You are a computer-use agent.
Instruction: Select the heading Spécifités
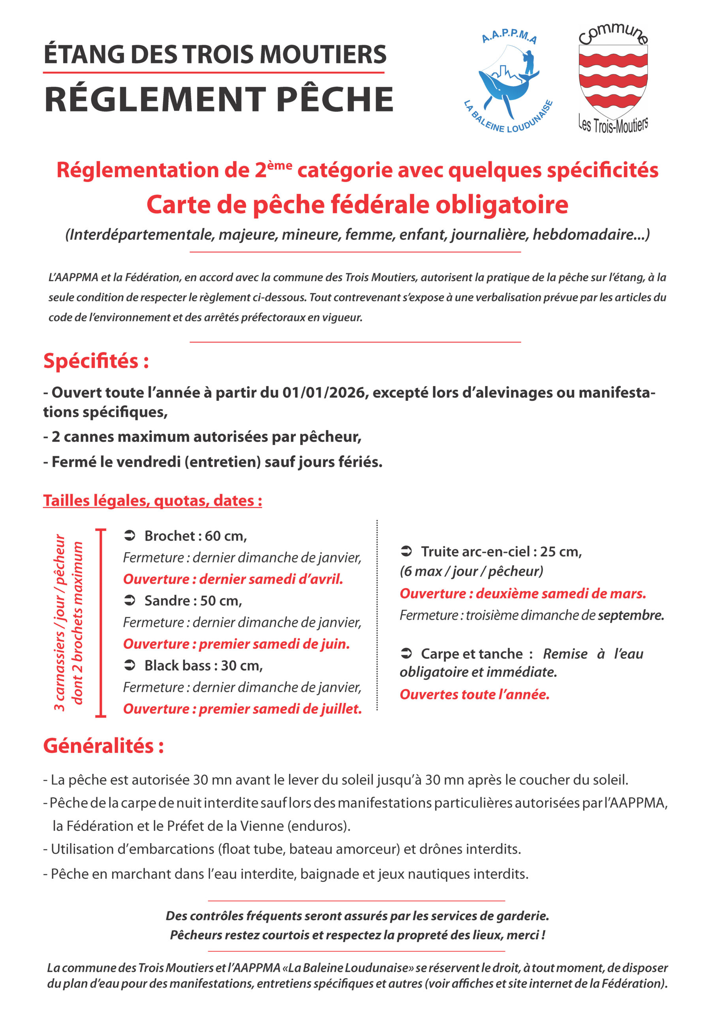pyautogui.click(x=96, y=361)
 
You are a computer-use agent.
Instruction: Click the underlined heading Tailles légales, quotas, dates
pyautogui.click(x=152, y=501)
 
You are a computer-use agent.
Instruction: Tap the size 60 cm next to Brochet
pyautogui.click(x=225, y=536)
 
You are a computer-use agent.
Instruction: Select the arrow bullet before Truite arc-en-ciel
pyautogui.click(x=406, y=551)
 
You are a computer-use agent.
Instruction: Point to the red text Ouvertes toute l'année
pyautogui.click(x=475, y=694)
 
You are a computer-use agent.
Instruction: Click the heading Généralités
pyautogui.click(x=103, y=746)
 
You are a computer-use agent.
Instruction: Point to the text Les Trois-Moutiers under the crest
pyautogui.click(x=613, y=125)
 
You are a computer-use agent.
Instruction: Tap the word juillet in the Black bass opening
pyautogui.click(x=341, y=709)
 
